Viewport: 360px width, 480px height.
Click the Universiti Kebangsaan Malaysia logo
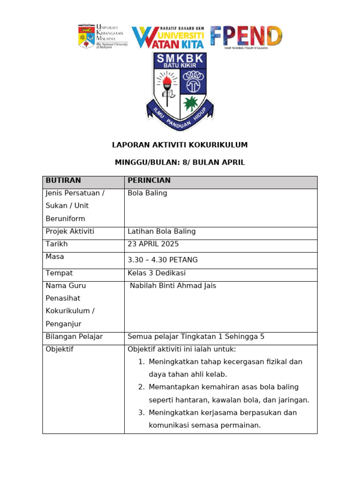coord(102,37)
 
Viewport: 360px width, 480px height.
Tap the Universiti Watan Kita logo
coord(167,37)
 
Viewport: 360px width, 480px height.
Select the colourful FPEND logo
coord(246,37)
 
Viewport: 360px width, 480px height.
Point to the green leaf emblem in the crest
coord(191,103)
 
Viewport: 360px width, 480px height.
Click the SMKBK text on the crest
coord(180,59)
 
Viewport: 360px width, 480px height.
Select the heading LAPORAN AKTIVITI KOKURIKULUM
coord(180,145)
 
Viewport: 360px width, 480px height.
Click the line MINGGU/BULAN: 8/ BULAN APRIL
coord(180,163)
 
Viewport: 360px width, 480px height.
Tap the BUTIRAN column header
coord(63,180)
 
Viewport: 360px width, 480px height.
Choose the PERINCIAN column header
coord(149,180)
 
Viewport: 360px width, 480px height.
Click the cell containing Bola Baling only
coord(147,193)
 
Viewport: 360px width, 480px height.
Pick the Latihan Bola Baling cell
coord(161,232)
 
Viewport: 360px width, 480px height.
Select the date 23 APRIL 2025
coord(153,244)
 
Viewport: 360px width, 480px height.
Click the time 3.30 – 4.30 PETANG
coord(162,260)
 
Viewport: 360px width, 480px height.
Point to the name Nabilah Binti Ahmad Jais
coord(172,286)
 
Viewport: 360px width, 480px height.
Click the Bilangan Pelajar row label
coord(74,337)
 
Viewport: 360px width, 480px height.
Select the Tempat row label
coord(59,273)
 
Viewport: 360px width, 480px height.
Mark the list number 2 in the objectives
coord(141,387)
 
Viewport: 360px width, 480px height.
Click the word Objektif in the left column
coord(59,350)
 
